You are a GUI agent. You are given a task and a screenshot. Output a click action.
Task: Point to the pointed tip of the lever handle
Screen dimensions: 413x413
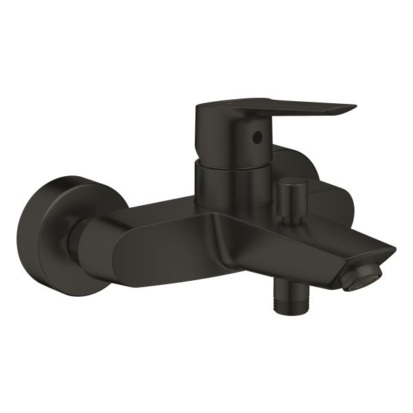click(353, 108)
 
